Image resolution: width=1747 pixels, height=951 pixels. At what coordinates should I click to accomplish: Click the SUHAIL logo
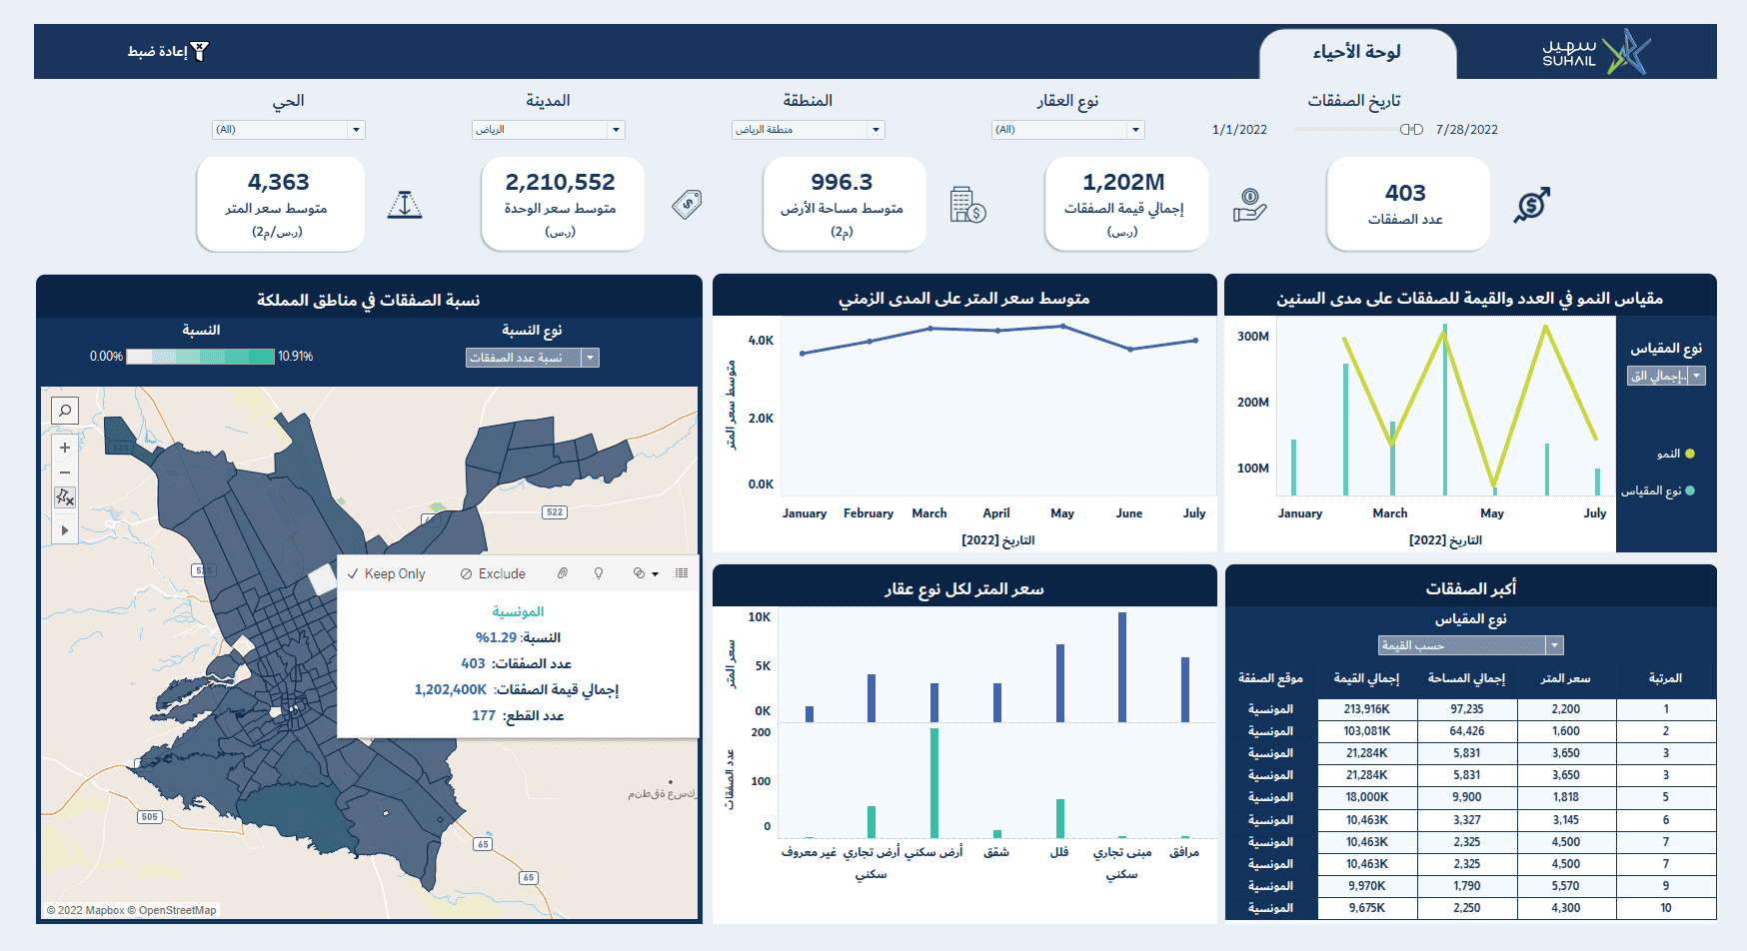[1595, 52]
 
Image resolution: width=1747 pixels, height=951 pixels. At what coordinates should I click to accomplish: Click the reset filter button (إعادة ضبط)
[168, 52]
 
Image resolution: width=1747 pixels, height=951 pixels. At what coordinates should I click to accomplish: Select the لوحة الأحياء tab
[1356, 53]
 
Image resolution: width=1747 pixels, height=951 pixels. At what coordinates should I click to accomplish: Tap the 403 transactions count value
[1405, 193]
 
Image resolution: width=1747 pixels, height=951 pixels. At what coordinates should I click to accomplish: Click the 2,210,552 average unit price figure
[560, 183]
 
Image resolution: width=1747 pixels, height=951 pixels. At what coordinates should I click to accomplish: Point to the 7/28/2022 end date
[1466, 130]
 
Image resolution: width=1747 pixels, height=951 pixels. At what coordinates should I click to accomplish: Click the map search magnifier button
[65, 411]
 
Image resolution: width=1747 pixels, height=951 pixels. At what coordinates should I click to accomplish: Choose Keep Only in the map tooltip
[387, 573]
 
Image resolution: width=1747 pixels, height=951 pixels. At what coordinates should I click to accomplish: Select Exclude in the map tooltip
[493, 573]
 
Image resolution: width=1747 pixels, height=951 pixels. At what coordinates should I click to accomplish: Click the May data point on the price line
[1062, 327]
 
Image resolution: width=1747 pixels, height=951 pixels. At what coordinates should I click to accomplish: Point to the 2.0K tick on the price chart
[761, 419]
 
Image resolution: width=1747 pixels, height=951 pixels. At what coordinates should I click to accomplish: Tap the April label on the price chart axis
[995, 513]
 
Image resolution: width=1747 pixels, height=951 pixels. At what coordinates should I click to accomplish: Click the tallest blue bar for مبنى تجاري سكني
[1122, 666]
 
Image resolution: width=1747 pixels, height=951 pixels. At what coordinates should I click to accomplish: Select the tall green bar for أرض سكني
[934, 782]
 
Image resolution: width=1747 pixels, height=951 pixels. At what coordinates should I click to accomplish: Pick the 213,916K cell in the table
[1366, 709]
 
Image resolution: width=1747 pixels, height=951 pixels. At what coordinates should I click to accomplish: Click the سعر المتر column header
[1565, 679]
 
